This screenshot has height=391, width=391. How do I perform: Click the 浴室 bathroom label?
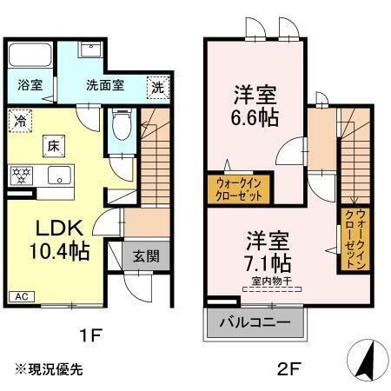point(30,85)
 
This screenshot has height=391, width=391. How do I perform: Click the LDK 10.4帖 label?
point(61,240)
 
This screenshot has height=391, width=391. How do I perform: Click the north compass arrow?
point(368,358)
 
